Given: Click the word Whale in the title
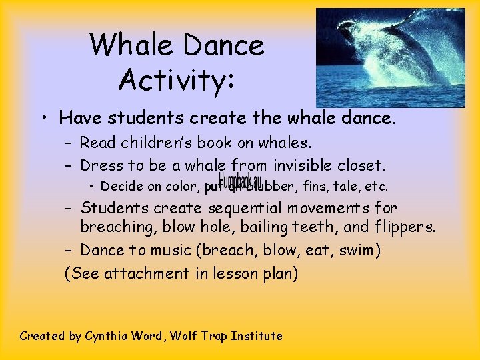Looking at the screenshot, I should tap(127, 45).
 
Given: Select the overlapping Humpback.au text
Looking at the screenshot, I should tap(235, 181).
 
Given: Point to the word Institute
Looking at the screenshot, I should tap(257, 336).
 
